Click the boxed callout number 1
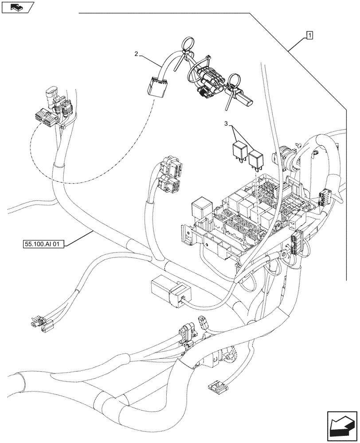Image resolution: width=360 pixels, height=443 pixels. click(309, 35)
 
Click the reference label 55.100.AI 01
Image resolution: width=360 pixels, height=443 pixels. click(42, 244)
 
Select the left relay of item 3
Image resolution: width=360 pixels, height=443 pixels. click(238, 150)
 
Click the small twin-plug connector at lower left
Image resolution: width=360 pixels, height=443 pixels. click(39, 325)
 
